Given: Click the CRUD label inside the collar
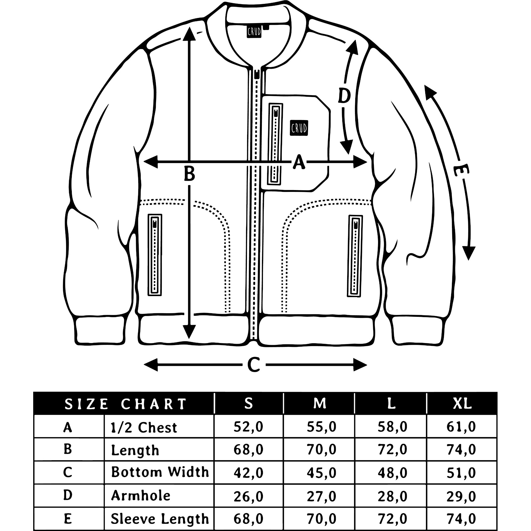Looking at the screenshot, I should (x=254, y=32).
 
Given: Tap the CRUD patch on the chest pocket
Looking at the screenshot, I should (x=299, y=128).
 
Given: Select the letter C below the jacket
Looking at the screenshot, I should (x=253, y=365).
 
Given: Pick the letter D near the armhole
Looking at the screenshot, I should (x=344, y=96).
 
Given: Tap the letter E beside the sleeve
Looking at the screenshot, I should (x=461, y=170).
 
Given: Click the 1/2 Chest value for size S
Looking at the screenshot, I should (x=248, y=427).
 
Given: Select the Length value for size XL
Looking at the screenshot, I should (x=461, y=450).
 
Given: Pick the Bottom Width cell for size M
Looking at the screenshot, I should (x=321, y=473).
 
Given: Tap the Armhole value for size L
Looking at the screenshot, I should (x=392, y=496).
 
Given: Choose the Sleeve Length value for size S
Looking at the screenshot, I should (x=248, y=519).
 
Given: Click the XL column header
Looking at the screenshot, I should (x=462, y=403).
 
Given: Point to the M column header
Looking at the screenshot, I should (x=319, y=403).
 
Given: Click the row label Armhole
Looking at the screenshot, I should (x=141, y=496).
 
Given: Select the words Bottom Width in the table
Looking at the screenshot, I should (x=160, y=472).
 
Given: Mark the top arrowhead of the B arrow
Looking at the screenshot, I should (x=189, y=33).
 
